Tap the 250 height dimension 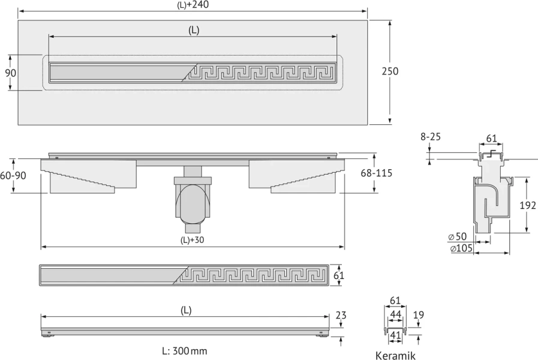pos(390,71)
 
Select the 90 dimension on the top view pos(11,73)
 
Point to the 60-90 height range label pos(13,175)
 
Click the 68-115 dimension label pos(377,173)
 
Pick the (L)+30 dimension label pos(192,240)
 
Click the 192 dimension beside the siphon pos(528,205)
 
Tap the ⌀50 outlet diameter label pos(458,236)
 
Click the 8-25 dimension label pos(431,137)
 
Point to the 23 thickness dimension pos(341,315)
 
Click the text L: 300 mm pos(185,351)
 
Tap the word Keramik pos(395,356)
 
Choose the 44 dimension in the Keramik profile pos(396,314)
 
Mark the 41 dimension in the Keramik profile pos(396,335)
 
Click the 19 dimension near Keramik pos(419,314)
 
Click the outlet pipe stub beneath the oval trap pos(193,228)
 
